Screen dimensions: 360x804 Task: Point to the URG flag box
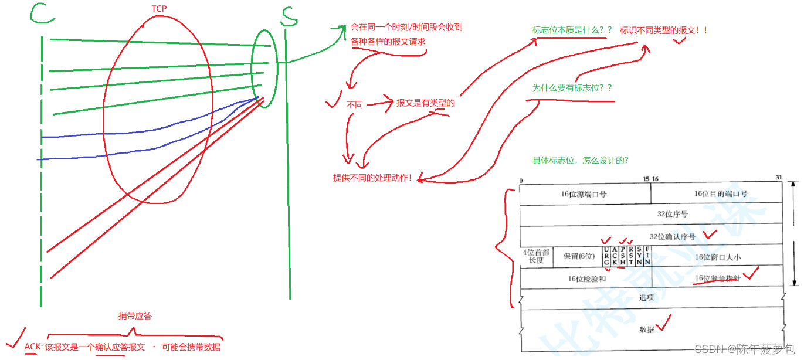click(606, 256)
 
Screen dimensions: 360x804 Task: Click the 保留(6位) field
click(578, 256)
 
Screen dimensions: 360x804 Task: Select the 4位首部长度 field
click(536, 256)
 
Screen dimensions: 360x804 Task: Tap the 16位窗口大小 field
click(718, 257)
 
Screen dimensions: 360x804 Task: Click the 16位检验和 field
click(586, 279)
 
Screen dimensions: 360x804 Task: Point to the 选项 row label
click(646, 298)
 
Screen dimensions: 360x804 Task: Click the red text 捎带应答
click(135, 315)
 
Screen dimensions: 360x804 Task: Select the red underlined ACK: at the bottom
click(33, 347)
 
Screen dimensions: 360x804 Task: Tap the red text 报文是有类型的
click(426, 103)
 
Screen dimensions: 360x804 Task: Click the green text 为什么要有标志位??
click(572, 88)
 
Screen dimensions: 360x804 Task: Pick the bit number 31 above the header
click(779, 178)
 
